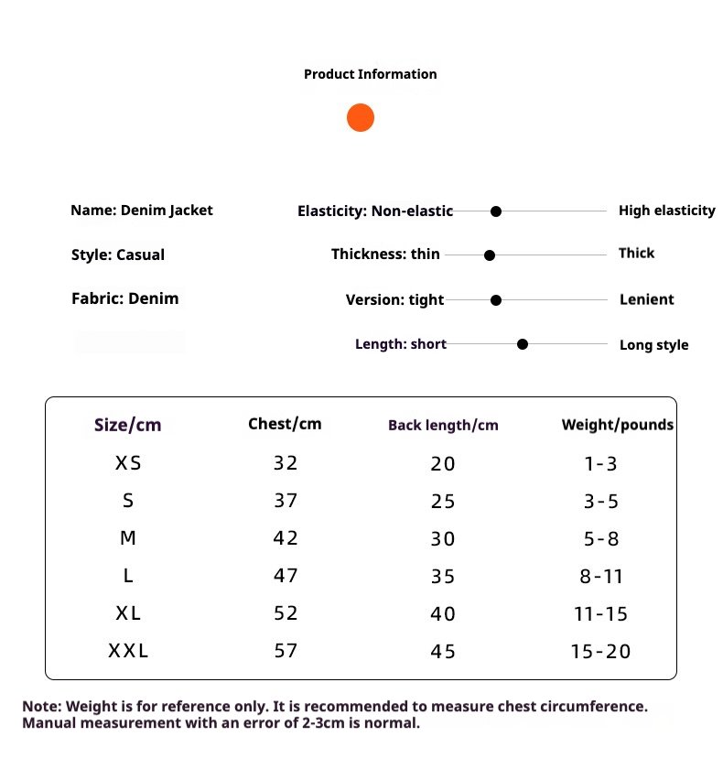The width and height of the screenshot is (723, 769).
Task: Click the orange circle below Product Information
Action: pos(361,118)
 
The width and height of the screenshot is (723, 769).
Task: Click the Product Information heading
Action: pos(370,74)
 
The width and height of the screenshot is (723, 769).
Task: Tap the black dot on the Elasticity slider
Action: pos(496,211)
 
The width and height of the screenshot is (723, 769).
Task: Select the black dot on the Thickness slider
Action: pos(490,255)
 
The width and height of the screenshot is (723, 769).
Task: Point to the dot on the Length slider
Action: pos(523,344)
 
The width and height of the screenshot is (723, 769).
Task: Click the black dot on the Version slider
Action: pos(496,299)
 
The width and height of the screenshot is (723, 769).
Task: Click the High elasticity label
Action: pos(666,211)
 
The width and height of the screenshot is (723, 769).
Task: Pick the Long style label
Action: pos(653,345)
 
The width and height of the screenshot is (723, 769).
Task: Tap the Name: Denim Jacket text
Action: pos(141,210)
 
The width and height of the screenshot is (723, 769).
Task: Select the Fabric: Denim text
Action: pos(124,298)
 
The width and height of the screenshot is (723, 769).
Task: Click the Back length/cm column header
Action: pos(443,425)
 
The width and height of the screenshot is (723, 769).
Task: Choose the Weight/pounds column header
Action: pos(617,425)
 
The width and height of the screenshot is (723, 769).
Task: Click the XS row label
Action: pos(128,463)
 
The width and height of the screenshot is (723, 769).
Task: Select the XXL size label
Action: pos(128,652)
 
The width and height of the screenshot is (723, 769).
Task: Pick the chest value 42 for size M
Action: pos(286,538)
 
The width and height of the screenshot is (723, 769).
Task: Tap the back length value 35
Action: pos(443,577)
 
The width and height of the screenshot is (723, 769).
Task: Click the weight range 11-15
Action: pos(601,614)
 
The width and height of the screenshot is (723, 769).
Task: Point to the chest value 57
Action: pos(286,652)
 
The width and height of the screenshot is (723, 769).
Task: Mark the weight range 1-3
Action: pos(601,463)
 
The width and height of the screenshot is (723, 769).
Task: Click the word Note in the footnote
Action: pos(40,707)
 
